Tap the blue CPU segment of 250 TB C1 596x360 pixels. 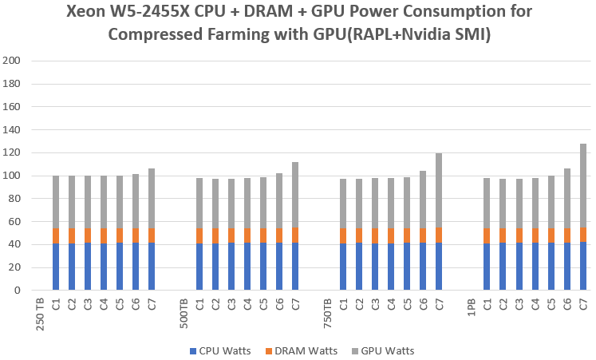[x=56, y=267]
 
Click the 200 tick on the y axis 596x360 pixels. [x=11, y=61]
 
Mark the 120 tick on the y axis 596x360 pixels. [x=11, y=152]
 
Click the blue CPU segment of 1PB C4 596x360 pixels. [x=535, y=267]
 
